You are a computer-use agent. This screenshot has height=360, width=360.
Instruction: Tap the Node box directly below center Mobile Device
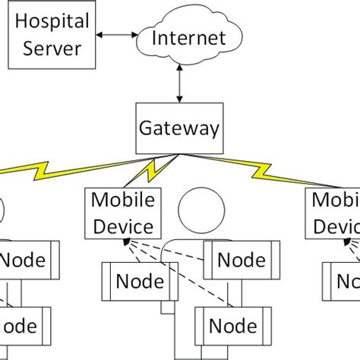tap(134, 282)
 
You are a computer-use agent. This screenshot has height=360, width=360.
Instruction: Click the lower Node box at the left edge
tap(22, 326)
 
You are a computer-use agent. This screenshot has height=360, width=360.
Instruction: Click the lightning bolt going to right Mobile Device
tap(266, 176)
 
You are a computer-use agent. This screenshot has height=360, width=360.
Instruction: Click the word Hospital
tap(49, 24)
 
